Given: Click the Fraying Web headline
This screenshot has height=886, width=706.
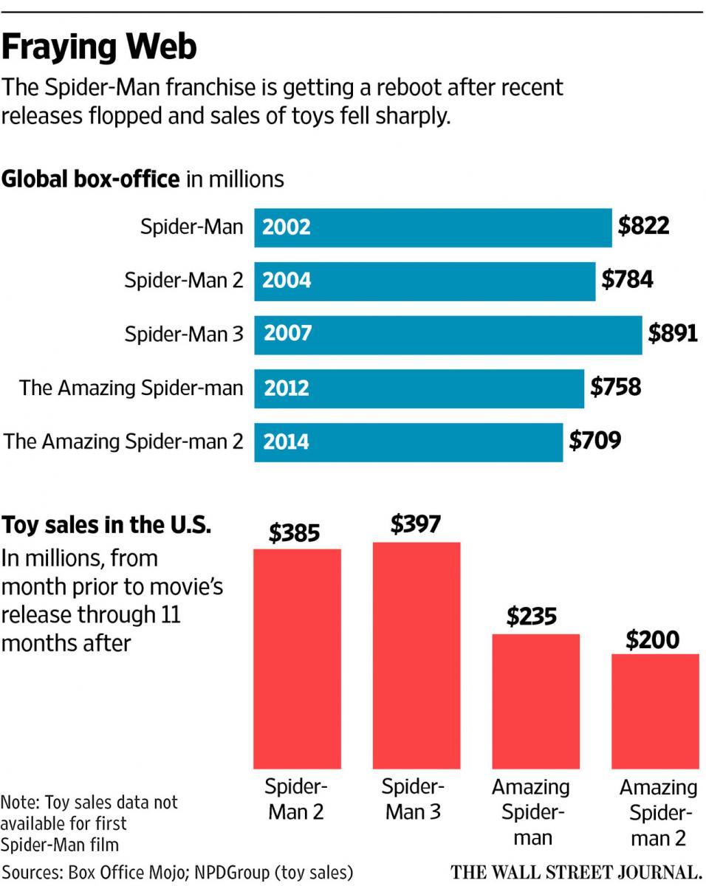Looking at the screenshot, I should [100, 47].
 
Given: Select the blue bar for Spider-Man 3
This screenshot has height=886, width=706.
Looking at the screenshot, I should [448, 334].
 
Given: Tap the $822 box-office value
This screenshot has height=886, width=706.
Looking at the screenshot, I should [643, 226].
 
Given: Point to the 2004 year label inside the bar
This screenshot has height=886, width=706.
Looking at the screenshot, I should [287, 281].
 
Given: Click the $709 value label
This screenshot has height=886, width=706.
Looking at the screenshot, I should [594, 441].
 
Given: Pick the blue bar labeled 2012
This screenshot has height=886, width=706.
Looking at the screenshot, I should [419, 388].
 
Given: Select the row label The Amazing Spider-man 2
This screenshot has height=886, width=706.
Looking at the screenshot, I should [123, 442].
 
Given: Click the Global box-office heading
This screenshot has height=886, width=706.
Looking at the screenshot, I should [143, 179].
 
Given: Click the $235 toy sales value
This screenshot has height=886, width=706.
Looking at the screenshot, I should [532, 617].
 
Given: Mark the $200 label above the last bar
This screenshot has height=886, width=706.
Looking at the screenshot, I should [652, 639].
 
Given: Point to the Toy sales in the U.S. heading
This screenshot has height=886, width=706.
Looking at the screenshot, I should [108, 526].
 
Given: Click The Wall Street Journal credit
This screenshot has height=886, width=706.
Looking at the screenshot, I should [576, 871].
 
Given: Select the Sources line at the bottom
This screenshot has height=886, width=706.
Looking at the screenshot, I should [177, 870].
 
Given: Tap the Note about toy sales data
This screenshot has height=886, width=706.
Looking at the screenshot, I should [89, 823].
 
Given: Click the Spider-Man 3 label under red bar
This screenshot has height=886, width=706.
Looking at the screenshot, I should [414, 800].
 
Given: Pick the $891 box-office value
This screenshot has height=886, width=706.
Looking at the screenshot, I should [673, 334].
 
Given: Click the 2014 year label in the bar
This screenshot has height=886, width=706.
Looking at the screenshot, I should [287, 442].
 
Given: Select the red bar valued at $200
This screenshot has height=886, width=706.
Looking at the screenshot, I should [655, 711].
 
